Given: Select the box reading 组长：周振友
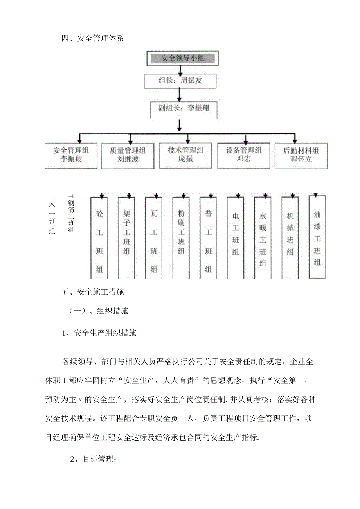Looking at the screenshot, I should tap(180, 81).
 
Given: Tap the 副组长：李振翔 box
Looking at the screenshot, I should tap(184, 108).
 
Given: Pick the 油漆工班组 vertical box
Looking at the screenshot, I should tap(317, 237).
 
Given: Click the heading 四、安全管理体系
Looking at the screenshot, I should tap(93, 39).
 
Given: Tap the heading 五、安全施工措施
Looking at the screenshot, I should tap(93, 291).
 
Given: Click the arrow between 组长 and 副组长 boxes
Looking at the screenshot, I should tap(179, 94).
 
